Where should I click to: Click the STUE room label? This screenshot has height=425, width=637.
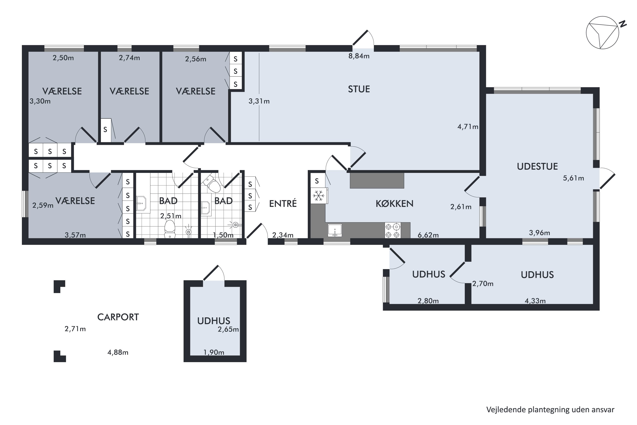(359, 89)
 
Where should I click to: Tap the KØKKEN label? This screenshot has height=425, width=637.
(394, 203)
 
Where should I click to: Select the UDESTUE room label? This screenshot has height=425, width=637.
(537, 167)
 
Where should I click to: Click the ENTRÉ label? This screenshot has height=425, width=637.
(283, 203)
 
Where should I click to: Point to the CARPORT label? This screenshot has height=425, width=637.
(118, 317)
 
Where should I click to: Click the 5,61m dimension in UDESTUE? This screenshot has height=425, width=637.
(573, 178)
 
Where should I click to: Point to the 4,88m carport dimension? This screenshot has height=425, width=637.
(118, 352)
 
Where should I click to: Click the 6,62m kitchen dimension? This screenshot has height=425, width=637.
(428, 235)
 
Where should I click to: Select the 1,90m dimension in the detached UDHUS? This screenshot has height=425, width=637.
(214, 352)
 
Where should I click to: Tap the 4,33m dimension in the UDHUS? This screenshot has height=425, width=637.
(535, 301)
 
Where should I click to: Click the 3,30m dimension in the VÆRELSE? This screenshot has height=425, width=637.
(40, 101)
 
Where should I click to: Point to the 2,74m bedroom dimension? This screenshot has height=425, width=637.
(129, 58)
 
